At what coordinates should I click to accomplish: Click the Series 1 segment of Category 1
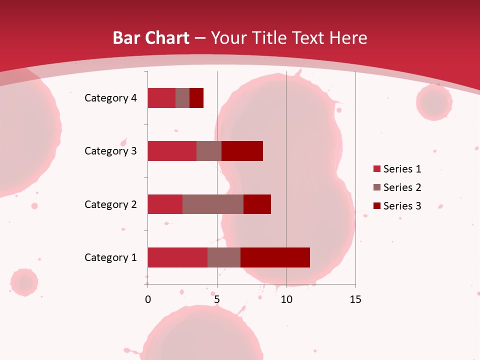177,257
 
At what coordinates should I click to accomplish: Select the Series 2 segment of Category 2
213,204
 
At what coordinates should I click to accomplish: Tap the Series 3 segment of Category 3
242,151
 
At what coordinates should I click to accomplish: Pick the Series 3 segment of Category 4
196,98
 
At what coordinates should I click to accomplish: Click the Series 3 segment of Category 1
275,257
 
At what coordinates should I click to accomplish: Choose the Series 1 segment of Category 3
172,151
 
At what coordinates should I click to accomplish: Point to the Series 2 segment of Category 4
182,98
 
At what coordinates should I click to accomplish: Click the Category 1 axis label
110,257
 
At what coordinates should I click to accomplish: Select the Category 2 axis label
110,204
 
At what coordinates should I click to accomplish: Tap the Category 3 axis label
110,151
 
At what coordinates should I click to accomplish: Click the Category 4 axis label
110,98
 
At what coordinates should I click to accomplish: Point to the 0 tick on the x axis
148,299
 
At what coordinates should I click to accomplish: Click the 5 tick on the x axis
217,299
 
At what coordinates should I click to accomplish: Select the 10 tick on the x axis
286,299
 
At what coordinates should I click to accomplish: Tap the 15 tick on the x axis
355,299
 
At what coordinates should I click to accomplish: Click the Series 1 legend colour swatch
377,169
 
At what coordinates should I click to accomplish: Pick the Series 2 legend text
402,187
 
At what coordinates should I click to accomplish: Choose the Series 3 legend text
402,206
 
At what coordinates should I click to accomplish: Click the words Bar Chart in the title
151,38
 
